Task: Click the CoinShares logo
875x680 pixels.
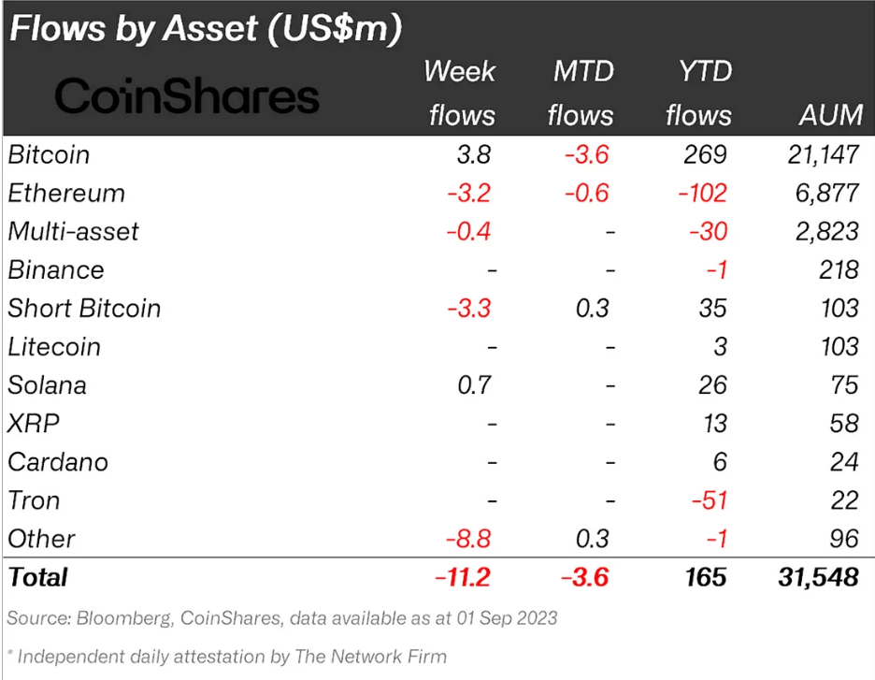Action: (x=187, y=96)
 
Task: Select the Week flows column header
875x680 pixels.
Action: (x=461, y=93)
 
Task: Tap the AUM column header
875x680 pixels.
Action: (x=830, y=114)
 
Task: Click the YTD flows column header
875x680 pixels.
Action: (x=698, y=93)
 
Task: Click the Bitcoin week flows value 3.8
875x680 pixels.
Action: (x=473, y=154)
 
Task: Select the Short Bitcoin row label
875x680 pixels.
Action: (x=84, y=308)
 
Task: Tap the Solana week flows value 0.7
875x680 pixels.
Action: (x=473, y=384)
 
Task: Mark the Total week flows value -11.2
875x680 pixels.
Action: (x=464, y=576)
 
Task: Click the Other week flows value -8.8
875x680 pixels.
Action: (x=469, y=538)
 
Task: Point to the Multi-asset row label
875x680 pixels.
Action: (x=73, y=231)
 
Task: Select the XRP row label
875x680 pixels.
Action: (x=34, y=423)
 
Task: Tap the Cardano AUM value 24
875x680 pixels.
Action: (x=843, y=461)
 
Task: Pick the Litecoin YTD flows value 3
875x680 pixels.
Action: (x=719, y=346)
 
